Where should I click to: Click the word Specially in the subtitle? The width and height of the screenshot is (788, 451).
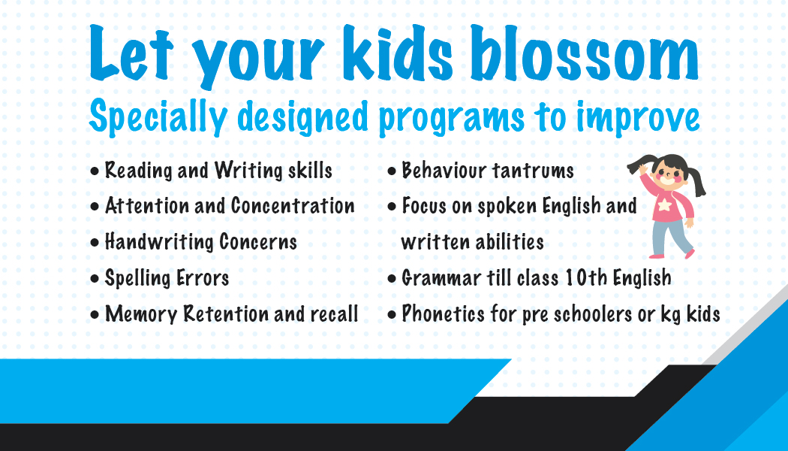click(x=158, y=118)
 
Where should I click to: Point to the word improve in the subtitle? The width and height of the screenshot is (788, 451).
click(x=638, y=118)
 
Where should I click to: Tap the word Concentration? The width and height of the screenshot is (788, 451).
click(x=293, y=206)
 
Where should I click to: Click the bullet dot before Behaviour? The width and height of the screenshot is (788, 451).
click(x=392, y=171)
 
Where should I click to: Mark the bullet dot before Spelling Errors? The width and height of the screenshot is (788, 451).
click(x=95, y=279)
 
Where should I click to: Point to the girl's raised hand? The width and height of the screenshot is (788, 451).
click(x=643, y=168)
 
